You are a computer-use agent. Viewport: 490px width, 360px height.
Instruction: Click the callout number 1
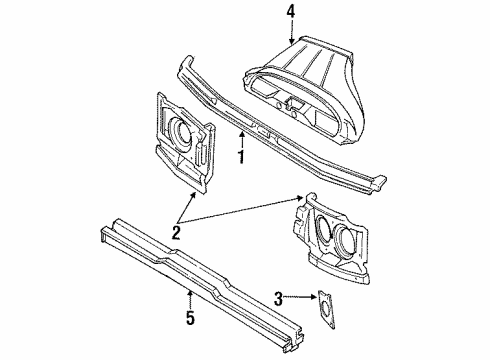pyautogui.click(x=242, y=157)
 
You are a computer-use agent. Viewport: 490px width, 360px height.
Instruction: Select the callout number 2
pyautogui.click(x=176, y=232)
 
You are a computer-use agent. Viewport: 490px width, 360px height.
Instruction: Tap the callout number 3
pyautogui.click(x=278, y=298)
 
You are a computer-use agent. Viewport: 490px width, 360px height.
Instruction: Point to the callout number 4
pyautogui.click(x=291, y=12)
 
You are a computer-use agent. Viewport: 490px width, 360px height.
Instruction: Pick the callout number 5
pyautogui.click(x=190, y=317)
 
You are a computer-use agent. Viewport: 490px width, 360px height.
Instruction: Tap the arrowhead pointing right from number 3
pyautogui.click(x=313, y=296)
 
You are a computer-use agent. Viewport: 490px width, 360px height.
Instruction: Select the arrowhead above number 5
pyautogui.click(x=190, y=293)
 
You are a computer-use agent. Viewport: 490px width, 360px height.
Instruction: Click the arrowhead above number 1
pyautogui.click(x=242, y=134)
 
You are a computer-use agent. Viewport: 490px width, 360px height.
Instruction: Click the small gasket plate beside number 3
pyautogui.click(x=326, y=309)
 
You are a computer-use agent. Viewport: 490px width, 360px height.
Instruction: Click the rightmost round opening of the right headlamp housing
pyautogui.click(x=344, y=238)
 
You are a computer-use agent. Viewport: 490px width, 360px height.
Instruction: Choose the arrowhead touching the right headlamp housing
pyautogui.click(x=299, y=199)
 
